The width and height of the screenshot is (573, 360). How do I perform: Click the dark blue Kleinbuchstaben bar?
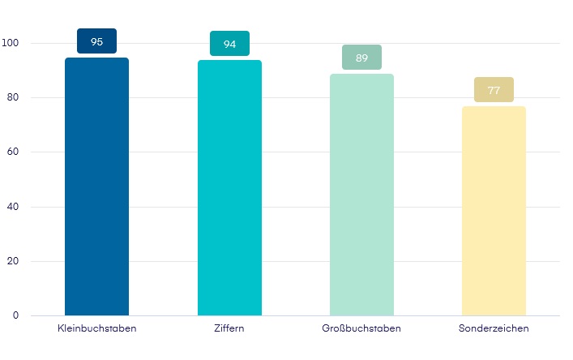[96, 186]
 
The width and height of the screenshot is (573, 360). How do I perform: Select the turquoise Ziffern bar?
[229, 187]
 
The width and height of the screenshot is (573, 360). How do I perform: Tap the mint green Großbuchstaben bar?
[361, 195]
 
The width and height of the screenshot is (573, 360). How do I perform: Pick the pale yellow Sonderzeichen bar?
[494, 211]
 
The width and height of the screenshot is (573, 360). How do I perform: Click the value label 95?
[96, 41]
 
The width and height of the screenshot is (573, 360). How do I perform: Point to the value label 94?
[229, 44]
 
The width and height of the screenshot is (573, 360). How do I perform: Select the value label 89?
[361, 58]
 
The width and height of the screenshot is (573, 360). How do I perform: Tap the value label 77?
[494, 90]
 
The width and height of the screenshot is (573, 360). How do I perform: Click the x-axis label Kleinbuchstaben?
[96, 328]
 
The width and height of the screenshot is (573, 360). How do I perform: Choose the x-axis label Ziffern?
[229, 328]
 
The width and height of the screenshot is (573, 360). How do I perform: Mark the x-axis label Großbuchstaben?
[361, 328]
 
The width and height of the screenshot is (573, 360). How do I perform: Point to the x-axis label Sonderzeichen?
[494, 328]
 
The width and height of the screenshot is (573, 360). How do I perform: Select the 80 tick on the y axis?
[13, 97]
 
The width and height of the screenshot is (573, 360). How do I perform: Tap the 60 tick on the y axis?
[13, 152]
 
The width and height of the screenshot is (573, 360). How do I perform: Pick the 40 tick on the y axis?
[13, 207]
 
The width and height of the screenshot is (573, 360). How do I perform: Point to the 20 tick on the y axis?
[13, 261]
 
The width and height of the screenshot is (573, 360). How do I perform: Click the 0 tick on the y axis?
[15, 315]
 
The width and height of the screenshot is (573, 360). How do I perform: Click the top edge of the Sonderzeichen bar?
[494, 107]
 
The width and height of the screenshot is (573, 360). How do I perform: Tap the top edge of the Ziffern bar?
[229, 61]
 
